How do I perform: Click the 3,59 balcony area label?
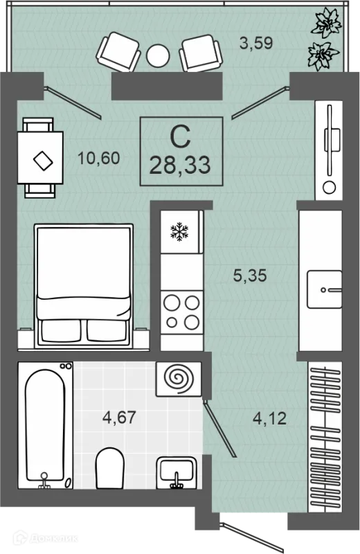256,44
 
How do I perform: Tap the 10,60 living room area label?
99,158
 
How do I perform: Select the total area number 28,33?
180,165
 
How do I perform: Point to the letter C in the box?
180,136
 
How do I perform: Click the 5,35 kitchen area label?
250,275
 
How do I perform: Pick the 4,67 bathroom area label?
119,418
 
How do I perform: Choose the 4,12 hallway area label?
269,419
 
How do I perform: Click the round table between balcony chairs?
158,55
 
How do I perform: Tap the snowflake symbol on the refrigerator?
179,232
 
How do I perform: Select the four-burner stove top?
182,312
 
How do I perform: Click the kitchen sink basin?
324,289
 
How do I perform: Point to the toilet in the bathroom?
110,469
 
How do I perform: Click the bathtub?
45,425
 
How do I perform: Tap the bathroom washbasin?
177,472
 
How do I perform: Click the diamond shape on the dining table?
43,161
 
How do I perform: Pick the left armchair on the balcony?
118,52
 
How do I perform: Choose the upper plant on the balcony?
326,24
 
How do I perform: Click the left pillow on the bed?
60,330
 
